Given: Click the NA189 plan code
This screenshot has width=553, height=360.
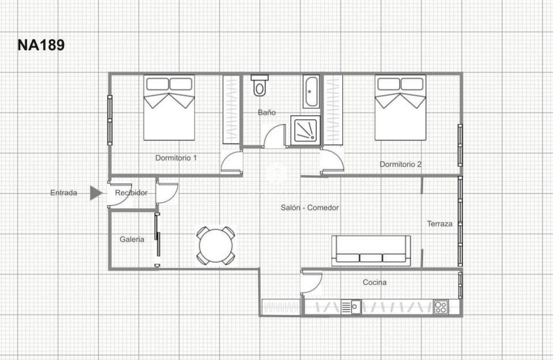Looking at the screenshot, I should coord(41,45).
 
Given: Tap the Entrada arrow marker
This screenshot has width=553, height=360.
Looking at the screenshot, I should coord(96,193).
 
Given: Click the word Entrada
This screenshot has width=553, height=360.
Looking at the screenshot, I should coord(64,193).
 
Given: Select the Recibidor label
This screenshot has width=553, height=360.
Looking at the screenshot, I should coord(131,193).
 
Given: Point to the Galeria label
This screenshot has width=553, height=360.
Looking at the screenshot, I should coord(132,239).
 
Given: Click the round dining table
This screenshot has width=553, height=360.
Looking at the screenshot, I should coord(216,246).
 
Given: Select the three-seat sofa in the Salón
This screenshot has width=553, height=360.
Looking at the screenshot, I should coord(371,251).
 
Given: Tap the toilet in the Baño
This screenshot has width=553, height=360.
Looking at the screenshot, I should coord(260,86).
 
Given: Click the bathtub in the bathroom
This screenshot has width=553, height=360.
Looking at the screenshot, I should coord(311,91).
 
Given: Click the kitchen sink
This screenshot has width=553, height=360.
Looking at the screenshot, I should coord(351,307).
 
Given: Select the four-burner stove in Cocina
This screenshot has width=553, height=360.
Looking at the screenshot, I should coord(440,307).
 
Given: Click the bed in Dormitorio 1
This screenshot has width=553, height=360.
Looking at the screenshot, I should coord(169,108).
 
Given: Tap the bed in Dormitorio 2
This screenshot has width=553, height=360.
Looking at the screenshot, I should coord(400,108).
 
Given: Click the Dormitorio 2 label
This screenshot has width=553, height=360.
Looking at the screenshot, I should coord(401,164).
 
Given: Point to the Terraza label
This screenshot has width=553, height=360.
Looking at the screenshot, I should coord(439,224).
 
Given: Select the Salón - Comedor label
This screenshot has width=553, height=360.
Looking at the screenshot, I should coord(310,207).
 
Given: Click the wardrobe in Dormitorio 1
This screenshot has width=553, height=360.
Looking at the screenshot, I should coord(231,110).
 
